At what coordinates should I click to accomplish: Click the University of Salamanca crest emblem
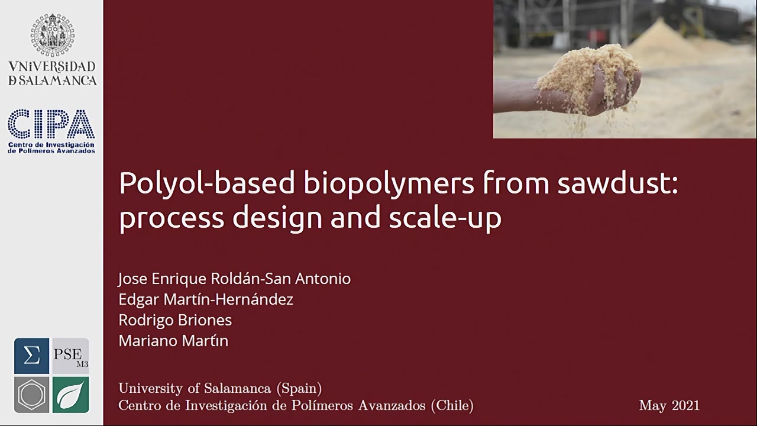coord(53,35)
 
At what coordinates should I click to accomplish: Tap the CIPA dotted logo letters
coord(51,124)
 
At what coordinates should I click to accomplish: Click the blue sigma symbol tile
coord(31,356)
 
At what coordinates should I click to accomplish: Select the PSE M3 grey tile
coord(70,356)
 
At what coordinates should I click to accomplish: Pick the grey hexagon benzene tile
coord(31,395)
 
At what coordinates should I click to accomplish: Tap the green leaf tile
coord(70,395)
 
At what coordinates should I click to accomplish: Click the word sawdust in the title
coord(617,183)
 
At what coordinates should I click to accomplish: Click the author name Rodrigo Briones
coord(175,320)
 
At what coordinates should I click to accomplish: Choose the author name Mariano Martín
coord(173,340)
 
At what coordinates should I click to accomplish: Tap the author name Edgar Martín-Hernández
coord(206,299)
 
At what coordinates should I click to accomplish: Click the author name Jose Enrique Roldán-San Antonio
coord(235,279)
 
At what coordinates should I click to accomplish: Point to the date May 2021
coord(669,405)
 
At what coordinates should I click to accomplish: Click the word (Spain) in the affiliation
coord(299,388)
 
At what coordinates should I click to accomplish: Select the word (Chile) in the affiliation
coord(452,405)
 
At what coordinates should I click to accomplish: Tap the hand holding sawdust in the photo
coord(574,88)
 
